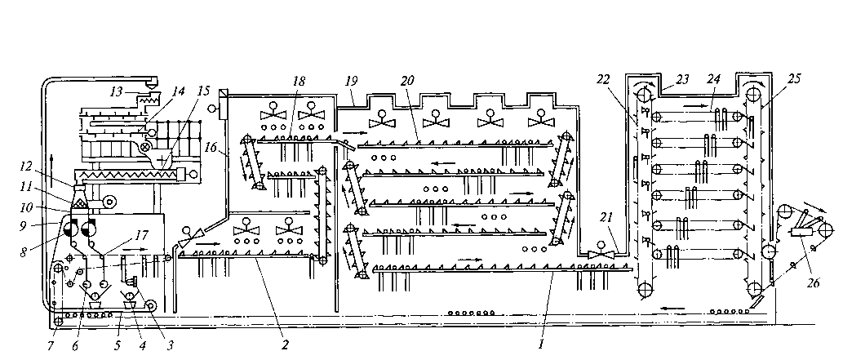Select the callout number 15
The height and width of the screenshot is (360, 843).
pyautogui.click(x=204, y=92)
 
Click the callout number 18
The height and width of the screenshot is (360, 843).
pyautogui.click(x=300, y=82)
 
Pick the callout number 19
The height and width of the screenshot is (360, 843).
pyautogui.click(x=352, y=82)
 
